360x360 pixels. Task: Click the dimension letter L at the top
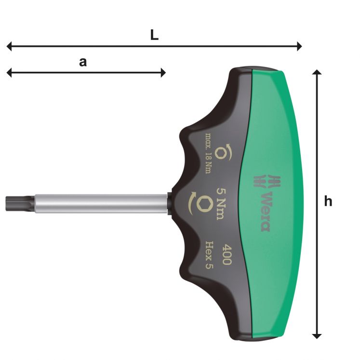pos(154,36)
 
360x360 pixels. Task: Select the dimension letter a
pos(83,62)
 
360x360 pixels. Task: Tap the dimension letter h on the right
pos(328,201)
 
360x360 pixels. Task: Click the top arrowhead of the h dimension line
pos(317,72)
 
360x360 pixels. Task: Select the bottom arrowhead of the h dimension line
pos(317,334)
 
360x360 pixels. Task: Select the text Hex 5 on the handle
pos(213,250)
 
